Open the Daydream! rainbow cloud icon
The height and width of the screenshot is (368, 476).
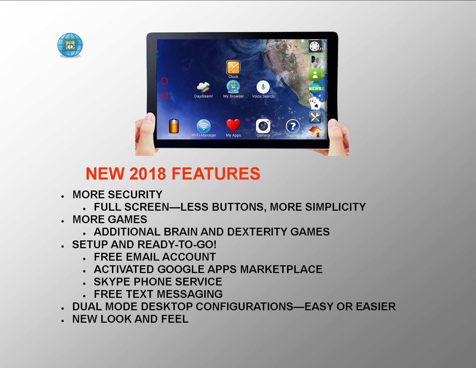[203, 87]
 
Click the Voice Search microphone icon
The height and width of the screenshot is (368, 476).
[263, 87]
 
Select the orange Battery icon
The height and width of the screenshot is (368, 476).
[174, 126]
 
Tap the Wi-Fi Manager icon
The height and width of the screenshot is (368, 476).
[203, 126]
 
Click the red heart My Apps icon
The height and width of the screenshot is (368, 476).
[233, 126]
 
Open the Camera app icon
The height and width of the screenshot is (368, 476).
[263, 126]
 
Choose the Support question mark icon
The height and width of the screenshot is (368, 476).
[293, 126]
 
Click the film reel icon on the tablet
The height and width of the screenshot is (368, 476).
[315, 46]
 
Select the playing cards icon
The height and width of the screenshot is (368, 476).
[315, 103]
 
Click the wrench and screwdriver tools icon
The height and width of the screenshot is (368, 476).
[315, 117]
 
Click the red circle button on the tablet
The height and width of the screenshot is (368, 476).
[164, 81]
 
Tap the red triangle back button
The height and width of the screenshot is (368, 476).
[164, 96]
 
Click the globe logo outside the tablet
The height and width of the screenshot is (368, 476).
[70, 45]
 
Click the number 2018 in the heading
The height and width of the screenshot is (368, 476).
[148, 174]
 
